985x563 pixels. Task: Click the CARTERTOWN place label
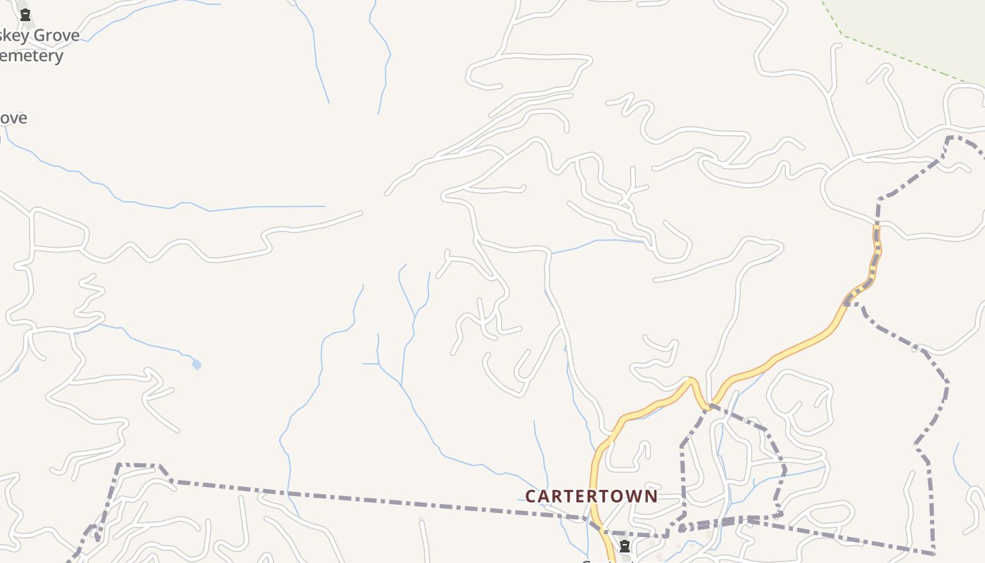591,496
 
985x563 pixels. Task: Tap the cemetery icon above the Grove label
25,15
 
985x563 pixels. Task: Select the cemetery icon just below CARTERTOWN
624,546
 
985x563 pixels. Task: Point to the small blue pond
196,364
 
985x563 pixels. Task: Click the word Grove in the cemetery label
56,35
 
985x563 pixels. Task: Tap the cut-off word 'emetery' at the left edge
31,56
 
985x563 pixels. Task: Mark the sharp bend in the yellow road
692,381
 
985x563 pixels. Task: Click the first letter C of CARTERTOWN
531,496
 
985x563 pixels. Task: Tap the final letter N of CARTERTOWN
651,496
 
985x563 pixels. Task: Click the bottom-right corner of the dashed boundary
934,553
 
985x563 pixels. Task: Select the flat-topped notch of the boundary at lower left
138,464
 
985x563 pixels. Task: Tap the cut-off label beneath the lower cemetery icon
609,560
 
